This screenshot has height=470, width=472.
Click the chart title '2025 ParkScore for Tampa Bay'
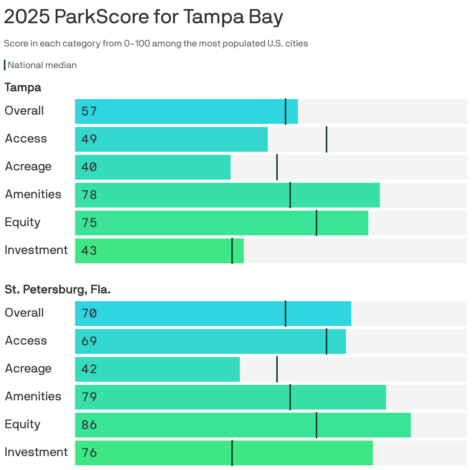pos(143,17)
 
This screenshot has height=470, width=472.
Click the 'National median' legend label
pos(42,65)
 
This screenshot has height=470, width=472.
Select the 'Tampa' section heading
pos(23,87)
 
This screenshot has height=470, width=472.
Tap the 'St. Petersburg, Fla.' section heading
pos(58,290)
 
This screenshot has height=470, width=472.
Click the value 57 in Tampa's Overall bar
pos(89,111)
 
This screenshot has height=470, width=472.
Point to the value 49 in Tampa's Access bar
pos(89,139)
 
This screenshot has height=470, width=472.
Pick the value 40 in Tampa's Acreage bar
pos(89,167)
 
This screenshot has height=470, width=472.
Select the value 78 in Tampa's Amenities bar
pos(89,195)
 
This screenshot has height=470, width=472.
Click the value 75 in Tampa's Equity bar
pos(89,223)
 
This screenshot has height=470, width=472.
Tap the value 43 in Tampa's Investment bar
pos(89,251)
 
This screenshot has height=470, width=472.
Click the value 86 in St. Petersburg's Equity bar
pos(89,425)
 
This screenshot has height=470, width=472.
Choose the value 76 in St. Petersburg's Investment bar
pos(89,453)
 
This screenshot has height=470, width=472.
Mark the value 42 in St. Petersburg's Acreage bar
pos(89,369)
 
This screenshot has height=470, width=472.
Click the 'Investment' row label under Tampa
pos(36,250)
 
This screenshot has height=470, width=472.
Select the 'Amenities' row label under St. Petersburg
pos(33,396)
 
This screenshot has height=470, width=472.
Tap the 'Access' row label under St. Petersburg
pos(26,341)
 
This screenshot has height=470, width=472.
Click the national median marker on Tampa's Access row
pos(326,139)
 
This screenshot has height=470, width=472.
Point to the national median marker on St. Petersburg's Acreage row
pos(277,369)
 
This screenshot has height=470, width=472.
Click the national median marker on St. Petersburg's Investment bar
pos(232,453)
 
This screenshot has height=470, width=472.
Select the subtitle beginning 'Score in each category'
pos(156,43)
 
